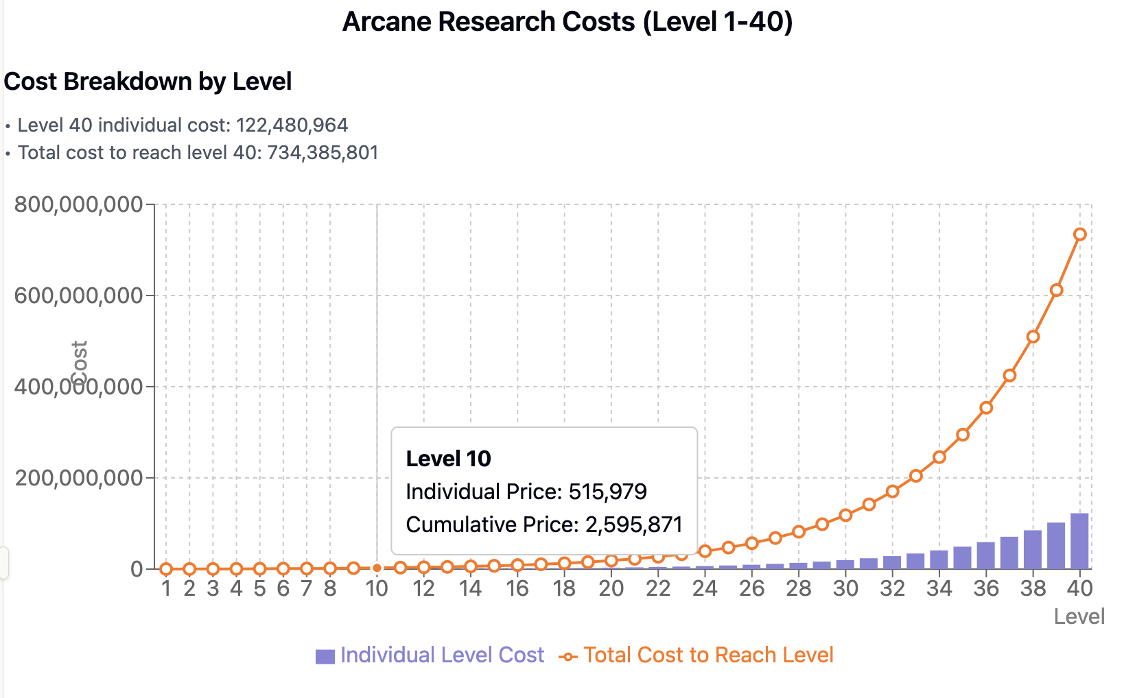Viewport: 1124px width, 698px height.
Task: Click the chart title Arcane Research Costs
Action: pos(567,22)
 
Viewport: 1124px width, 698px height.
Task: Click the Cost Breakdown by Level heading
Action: pos(148,82)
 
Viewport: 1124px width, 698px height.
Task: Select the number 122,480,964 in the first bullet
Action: pos(292,125)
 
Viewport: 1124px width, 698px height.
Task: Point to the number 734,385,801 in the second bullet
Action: pos(323,153)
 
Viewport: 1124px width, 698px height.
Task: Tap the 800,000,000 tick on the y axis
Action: pos(79,204)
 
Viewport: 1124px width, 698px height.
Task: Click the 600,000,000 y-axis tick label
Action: pos(79,296)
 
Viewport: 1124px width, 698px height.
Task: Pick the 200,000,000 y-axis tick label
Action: pos(79,478)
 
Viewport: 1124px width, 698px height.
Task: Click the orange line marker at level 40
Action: pos(1079,234)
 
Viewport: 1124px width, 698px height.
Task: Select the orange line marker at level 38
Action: pos(1033,337)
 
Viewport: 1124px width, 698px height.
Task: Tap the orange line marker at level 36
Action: pos(986,408)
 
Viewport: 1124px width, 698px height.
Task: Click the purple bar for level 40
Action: pos(1079,541)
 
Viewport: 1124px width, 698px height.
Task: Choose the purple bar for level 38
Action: pos(1033,549)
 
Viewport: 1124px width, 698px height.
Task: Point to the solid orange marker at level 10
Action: pos(377,568)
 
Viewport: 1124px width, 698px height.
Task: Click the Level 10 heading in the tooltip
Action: pos(448,459)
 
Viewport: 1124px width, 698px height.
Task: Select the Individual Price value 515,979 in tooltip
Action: pos(607,492)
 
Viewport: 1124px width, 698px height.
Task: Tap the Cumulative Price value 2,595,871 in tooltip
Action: pos(633,525)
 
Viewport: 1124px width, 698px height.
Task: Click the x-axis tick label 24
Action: pos(705,588)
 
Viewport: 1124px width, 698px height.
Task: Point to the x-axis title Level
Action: pos(1079,616)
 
